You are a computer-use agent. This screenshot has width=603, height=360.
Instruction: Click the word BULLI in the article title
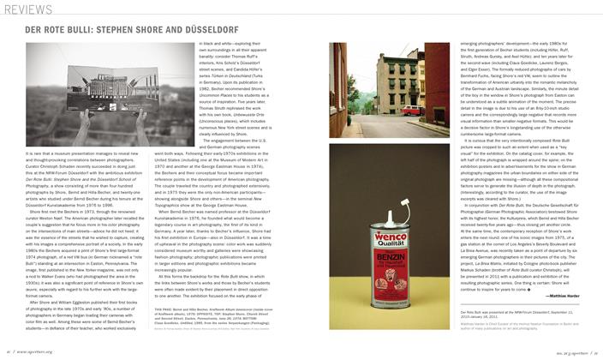pyautogui.click(x=89, y=37)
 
